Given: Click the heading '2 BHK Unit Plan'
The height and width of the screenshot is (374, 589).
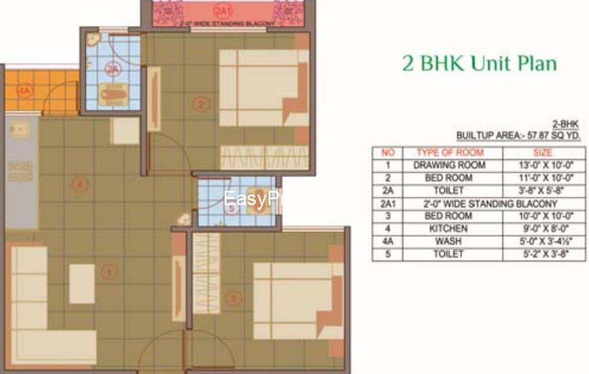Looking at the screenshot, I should [x=479, y=64].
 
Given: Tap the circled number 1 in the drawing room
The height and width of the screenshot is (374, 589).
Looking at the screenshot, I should [x=108, y=273].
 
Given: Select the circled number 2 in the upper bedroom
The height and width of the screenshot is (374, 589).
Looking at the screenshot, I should [x=201, y=104].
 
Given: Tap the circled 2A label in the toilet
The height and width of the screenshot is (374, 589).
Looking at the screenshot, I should [x=113, y=70].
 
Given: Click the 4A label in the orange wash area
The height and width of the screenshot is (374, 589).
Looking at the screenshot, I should [x=23, y=91].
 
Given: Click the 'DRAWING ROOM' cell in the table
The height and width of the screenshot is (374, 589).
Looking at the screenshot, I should [x=449, y=165].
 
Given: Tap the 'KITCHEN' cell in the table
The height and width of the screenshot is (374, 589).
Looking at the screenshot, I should [x=449, y=229].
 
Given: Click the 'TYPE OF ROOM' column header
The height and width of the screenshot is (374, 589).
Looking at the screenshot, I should [x=449, y=153].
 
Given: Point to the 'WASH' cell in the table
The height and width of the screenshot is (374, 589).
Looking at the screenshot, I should [x=449, y=242].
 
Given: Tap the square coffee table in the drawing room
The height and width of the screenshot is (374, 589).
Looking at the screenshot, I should [x=82, y=284].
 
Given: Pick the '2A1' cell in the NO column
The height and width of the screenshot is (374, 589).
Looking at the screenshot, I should [x=387, y=203].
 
